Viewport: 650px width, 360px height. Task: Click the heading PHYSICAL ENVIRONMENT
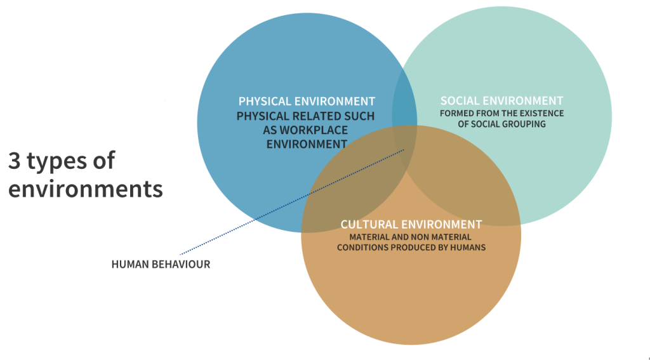tap(307, 101)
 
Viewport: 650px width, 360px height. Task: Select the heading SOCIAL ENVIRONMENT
tap(501, 101)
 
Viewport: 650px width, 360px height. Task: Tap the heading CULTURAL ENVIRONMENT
tap(411, 224)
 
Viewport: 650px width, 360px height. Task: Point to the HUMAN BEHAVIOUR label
tap(161, 264)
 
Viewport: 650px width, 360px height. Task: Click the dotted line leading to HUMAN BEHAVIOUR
tap(292, 202)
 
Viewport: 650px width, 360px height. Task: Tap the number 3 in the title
tap(14, 161)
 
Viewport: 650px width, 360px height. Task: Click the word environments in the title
tap(86, 190)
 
